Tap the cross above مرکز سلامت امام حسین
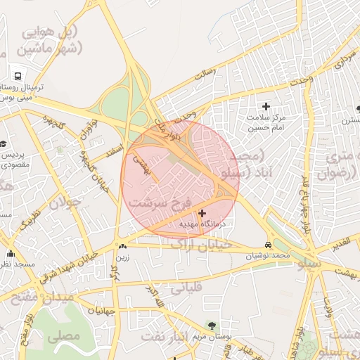[266, 106]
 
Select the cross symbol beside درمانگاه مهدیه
[202, 213]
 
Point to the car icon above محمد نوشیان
[267, 245]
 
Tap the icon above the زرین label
[123, 246]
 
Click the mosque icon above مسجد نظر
[10, 254]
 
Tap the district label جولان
[65, 203]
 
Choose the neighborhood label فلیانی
[186, 286]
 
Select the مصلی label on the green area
[63, 337]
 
